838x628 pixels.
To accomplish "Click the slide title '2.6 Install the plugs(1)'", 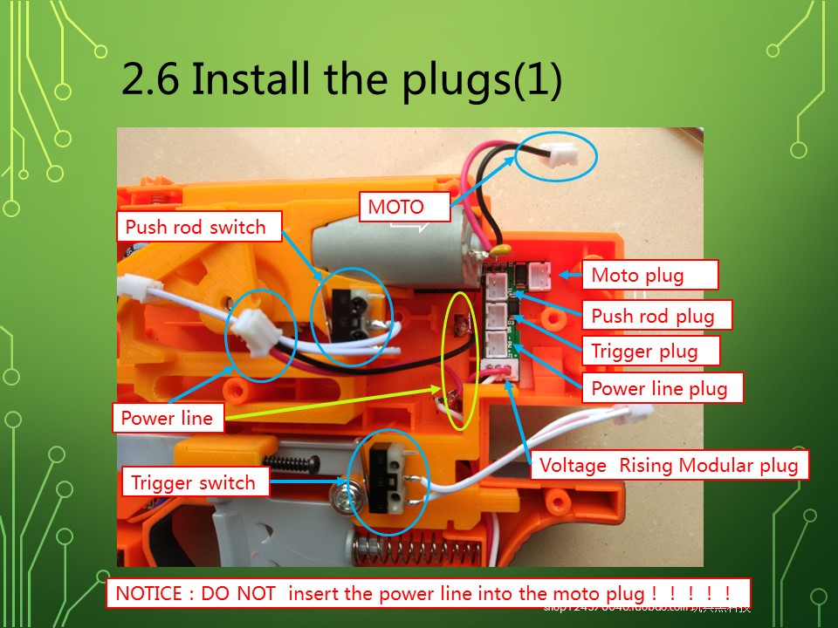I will coord(340,79).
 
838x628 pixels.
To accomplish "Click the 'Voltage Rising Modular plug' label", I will coord(669,466).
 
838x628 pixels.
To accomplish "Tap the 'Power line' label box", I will coord(167,418).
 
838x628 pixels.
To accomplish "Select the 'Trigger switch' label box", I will coord(194,482).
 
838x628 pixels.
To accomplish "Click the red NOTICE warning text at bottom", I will coord(429,593).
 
